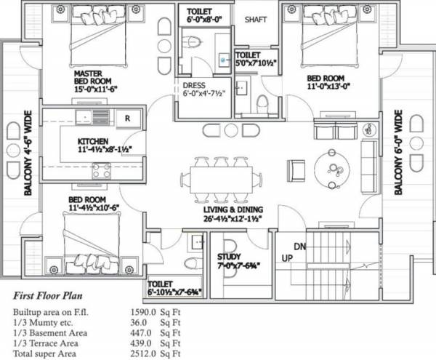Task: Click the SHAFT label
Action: [x=256, y=20]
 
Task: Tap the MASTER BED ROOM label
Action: [x=92, y=77]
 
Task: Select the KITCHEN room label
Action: [x=93, y=141]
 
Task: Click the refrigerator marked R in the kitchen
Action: [x=128, y=119]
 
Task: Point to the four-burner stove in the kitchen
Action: [x=102, y=170]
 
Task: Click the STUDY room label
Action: [x=229, y=257]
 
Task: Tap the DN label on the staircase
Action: [x=299, y=247]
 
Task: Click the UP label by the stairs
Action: [x=287, y=258]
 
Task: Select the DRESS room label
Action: [x=194, y=85]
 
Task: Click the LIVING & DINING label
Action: [x=233, y=209]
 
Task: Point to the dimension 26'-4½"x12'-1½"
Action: [x=233, y=219]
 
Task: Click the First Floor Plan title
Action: [x=47, y=295]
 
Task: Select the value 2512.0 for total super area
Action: [x=143, y=353]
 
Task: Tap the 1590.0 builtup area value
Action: [x=143, y=312]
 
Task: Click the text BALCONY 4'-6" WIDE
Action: [x=28, y=153]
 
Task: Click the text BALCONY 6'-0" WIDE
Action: [x=398, y=153]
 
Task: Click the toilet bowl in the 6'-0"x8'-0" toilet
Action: [x=194, y=41]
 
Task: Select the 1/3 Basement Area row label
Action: [x=50, y=333]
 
